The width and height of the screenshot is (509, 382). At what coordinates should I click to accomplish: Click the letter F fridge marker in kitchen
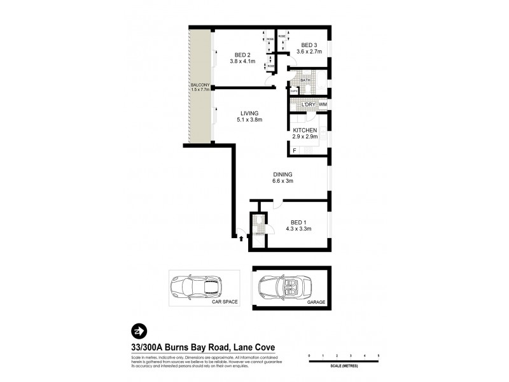(294, 150)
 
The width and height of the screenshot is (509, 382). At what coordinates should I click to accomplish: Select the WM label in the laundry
(323, 104)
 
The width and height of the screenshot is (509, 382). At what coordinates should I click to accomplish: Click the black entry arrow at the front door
(241, 239)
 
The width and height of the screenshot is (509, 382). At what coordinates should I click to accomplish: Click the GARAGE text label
(316, 304)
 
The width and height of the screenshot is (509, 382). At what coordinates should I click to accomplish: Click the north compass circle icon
(138, 331)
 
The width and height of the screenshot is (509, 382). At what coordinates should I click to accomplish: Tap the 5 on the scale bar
(378, 355)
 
